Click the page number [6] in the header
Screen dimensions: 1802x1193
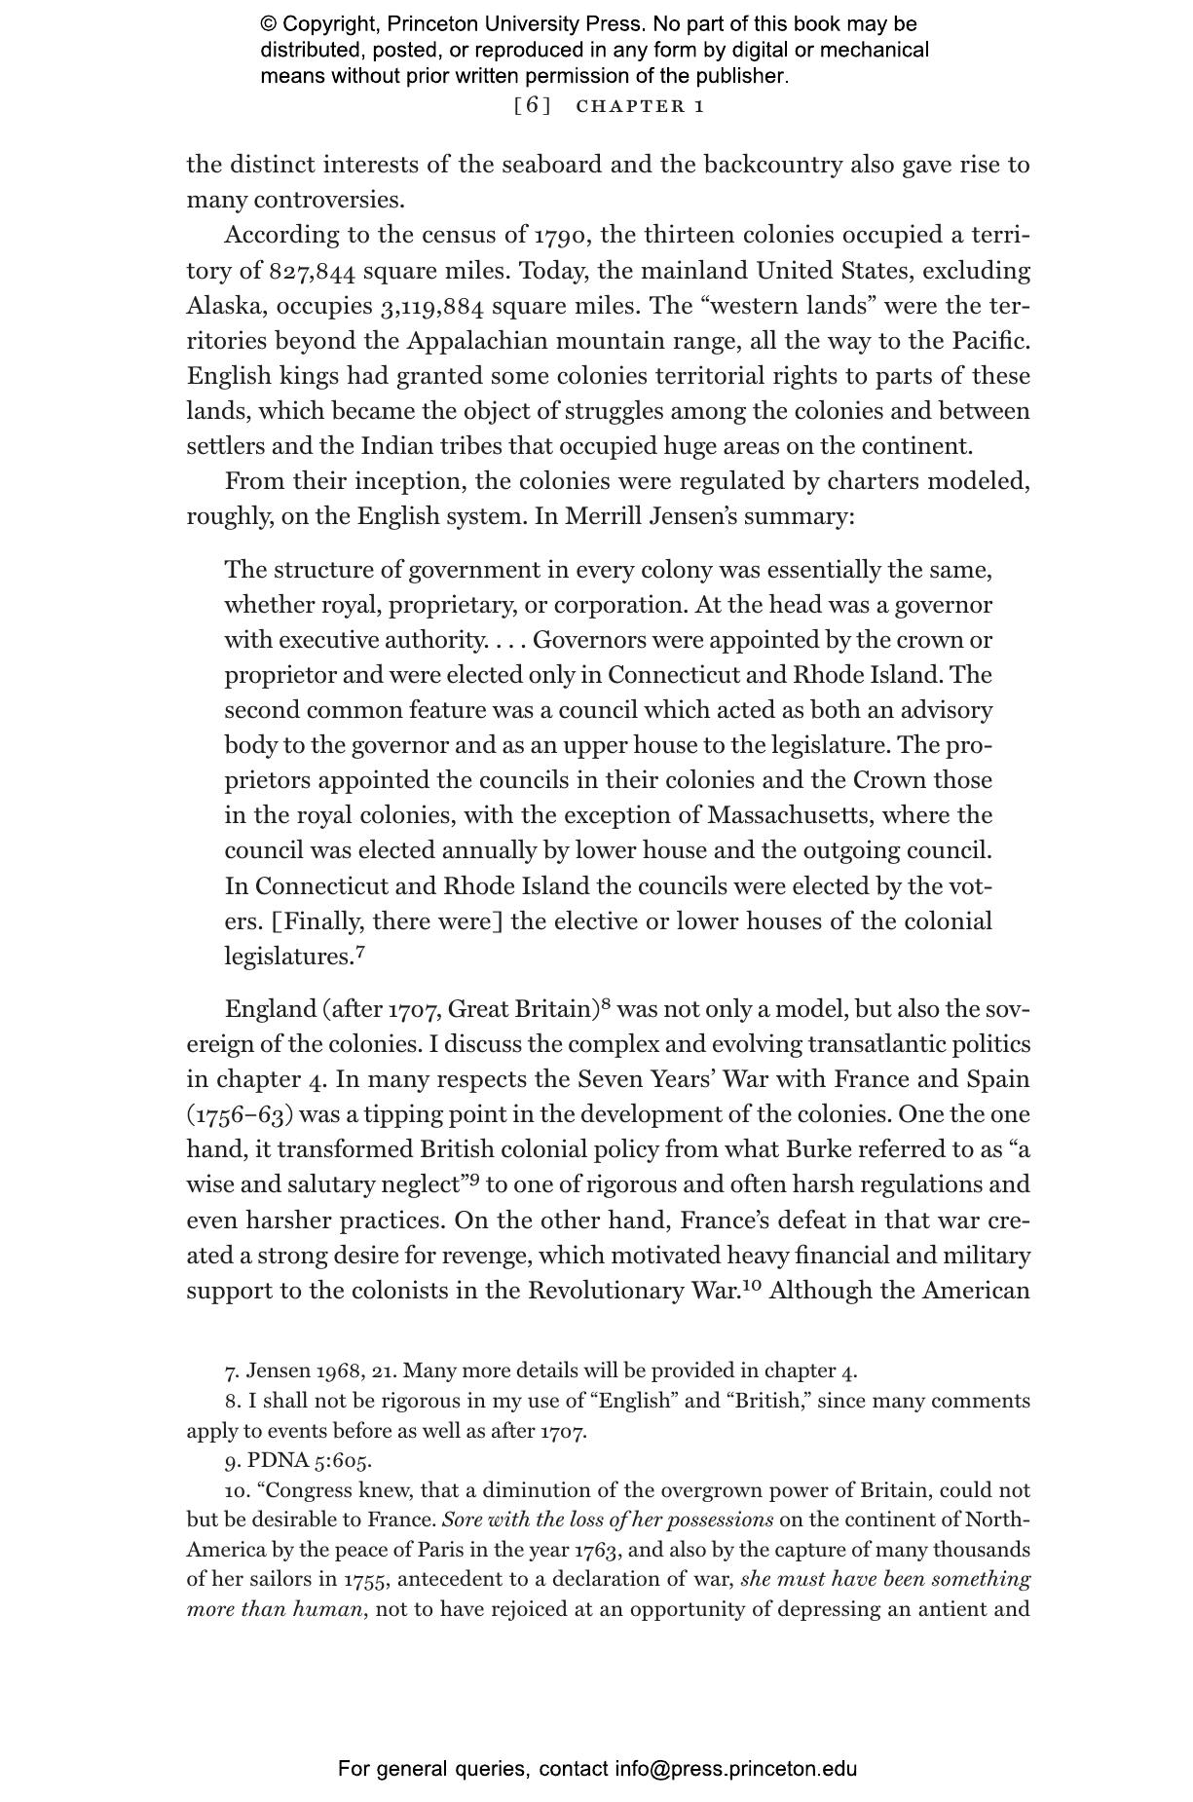[532, 106]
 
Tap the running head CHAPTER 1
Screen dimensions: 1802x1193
[640, 106]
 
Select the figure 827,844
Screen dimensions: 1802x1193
[312, 271]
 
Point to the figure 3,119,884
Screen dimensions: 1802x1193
[431, 306]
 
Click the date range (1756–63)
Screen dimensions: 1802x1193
[240, 1115]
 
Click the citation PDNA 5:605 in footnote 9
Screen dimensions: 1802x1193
[309, 1460]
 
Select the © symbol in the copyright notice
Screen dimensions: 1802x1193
[269, 24]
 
